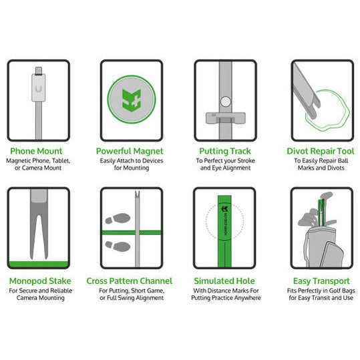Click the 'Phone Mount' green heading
36,151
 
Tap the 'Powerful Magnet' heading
130,151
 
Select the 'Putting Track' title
225,152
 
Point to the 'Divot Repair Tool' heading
321,152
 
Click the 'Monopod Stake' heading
40,281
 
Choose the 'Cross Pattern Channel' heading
130,281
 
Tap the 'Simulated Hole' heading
224,281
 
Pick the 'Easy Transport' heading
321,281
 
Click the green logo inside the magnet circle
132,100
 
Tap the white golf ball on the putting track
225,102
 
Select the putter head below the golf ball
225,118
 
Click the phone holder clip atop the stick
38,84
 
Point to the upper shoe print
118,218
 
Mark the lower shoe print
118,246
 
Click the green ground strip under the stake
39,264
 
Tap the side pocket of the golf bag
332,255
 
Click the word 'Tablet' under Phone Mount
61,161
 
